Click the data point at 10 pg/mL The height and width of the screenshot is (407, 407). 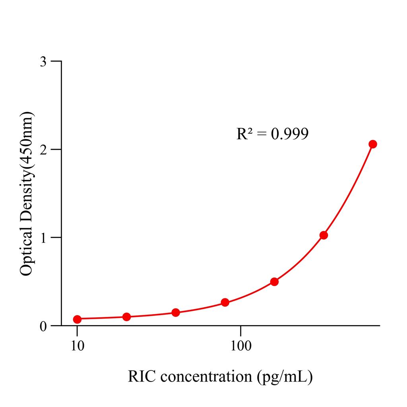point(77,319)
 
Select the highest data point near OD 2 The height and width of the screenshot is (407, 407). point(372,144)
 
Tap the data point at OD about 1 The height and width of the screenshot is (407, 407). point(324,235)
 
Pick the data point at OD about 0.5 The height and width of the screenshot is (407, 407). point(274,282)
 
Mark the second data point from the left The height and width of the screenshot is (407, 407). point(127,317)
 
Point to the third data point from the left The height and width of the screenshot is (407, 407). point(176,312)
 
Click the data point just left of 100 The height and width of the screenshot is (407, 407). point(225,302)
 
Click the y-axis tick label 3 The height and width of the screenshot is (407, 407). point(44,62)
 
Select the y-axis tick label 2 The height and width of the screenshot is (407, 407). point(44,149)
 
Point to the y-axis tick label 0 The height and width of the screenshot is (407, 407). point(44,326)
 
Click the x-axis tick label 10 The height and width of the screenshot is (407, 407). point(77,346)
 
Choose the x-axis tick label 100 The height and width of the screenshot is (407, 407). point(240,346)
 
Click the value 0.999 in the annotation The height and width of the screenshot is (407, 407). point(289,134)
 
